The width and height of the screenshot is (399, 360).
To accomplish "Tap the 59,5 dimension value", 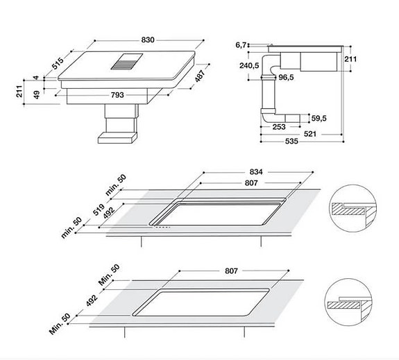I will pos(319,118).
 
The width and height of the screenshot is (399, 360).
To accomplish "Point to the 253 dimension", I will pos(280,127).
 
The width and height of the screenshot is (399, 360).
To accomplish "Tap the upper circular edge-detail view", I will pos(353,207).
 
